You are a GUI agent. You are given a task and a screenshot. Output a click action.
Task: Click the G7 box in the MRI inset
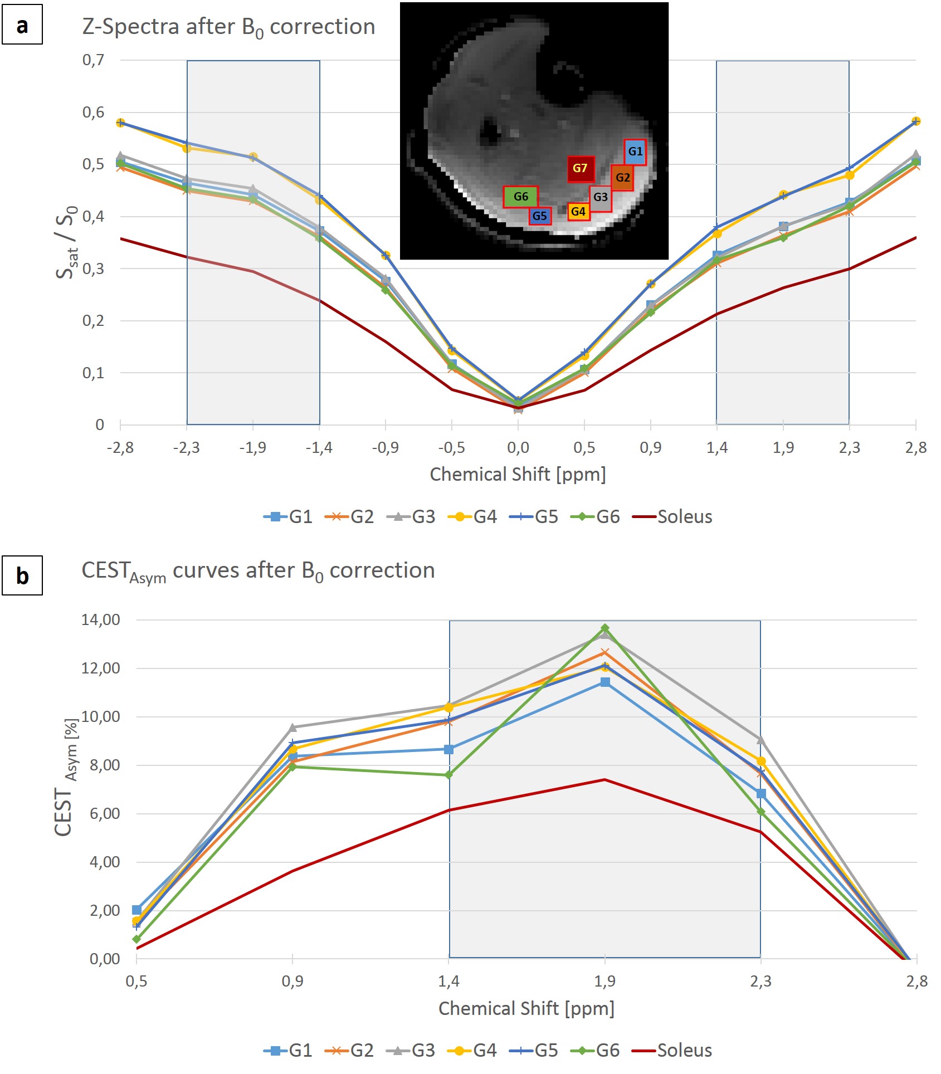pos(581,168)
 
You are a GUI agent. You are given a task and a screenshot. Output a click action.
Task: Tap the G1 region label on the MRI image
pos(635,152)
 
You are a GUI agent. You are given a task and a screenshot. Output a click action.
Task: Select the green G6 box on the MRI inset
pos(520,197)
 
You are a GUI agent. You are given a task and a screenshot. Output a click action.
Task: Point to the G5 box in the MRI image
pos(539,216)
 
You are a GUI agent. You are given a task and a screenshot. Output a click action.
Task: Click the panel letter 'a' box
pos(22,25)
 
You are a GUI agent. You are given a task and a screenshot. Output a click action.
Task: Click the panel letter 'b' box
pos(22,575)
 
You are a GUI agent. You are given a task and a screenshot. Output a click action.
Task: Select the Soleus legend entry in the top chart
pos(672,516)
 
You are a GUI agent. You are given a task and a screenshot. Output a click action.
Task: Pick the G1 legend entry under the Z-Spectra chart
pos(288,516)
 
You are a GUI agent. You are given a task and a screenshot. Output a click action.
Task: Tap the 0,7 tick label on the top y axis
pos(93,60)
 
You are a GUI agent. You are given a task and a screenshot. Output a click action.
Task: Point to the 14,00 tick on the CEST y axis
pos(100,619)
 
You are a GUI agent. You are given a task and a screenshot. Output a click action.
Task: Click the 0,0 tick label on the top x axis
pos(518,447)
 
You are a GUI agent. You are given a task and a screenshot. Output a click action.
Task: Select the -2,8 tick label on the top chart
pos(120,447)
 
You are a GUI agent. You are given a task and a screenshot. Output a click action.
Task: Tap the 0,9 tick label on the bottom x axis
pos(292,981)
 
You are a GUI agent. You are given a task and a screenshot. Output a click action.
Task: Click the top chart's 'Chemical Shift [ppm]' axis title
pos(518,474)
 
